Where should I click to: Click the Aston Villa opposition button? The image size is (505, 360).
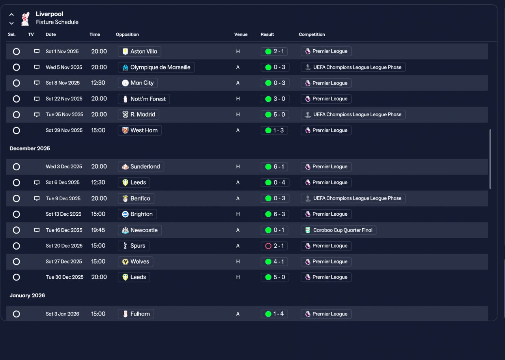coord(139,51)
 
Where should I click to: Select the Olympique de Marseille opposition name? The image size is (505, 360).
coord(160,67)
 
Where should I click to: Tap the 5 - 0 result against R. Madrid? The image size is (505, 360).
coord(275,114)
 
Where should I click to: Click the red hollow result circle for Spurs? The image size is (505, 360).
coord(268,246)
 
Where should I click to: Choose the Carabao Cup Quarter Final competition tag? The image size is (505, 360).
coord(339,230)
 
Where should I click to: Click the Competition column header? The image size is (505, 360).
coord(312,34)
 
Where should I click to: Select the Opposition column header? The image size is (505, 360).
coord(127,34)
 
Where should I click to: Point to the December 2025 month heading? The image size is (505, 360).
coord(30,149)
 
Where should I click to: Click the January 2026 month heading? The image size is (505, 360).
coord(27,295)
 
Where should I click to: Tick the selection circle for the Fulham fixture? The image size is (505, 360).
coord(16,314)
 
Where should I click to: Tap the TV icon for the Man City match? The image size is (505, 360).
coord(37,83)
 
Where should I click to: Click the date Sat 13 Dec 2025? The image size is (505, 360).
coord(64,214)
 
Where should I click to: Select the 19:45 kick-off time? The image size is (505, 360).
coord(98,230)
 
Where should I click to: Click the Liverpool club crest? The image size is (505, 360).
coord(25,19)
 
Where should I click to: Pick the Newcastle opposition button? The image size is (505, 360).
coord(140,230)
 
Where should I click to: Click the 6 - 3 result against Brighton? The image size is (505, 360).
coord(275,214)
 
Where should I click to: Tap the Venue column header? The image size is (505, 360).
coord(241,34)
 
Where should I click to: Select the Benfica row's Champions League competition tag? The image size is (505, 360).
coord(353,198)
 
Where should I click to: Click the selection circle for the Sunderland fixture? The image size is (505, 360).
coord(16,167)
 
